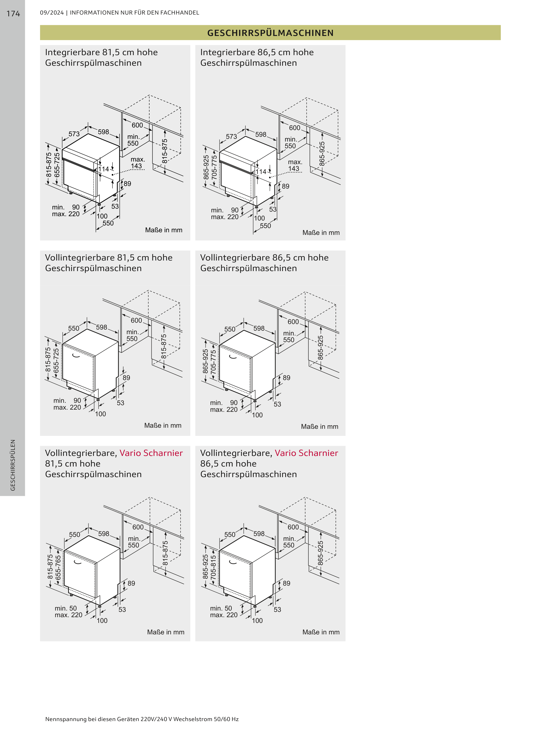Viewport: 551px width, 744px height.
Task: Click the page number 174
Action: [x=13, y=14]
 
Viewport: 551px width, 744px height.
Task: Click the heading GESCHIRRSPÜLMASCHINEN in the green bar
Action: [x=270, y=33]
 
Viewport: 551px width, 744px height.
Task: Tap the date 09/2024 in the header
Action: [x=52, y=13]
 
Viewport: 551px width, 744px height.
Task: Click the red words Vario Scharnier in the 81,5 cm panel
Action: [x=151, y=453]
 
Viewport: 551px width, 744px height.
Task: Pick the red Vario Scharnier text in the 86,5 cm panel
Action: [x=306, y=453]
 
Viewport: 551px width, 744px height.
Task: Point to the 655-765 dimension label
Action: [x=58, y=568]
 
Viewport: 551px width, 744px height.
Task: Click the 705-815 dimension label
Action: [x=213, y=568]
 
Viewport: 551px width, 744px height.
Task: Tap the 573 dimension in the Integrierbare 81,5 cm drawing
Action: [x=74, y=134]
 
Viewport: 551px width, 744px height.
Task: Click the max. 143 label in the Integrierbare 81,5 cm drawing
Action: [x=137, y=163]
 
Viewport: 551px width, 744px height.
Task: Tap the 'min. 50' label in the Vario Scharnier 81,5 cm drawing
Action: [x=66, y=608]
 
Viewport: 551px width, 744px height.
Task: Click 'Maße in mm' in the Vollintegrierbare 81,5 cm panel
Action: [x=163, y=425]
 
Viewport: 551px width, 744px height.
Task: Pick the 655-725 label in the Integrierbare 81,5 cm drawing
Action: [x=57, y=165]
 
